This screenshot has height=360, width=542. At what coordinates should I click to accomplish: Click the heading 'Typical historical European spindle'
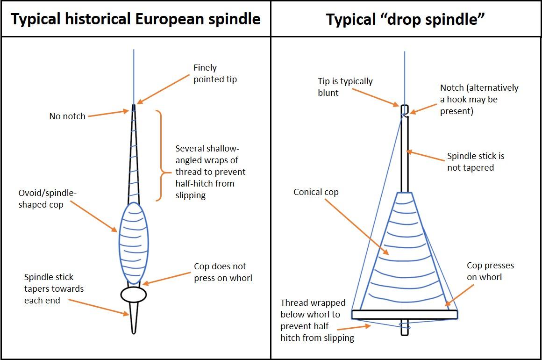click(x=135, y=19)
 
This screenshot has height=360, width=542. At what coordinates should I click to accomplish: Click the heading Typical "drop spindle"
click(x=405, y=19)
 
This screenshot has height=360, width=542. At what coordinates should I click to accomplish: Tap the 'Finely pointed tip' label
click(x=215, y=73)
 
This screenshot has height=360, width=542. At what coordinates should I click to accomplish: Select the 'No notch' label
click(x=67, y=116)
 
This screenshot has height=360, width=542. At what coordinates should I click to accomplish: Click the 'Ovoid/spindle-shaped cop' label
click(x=48, y=199)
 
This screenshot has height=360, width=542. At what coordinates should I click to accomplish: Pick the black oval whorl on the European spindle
click(x=134, y=294)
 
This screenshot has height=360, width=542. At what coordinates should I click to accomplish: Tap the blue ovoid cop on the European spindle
click(x=134, y=243)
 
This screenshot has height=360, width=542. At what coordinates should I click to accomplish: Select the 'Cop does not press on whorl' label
click(x=223, y=272)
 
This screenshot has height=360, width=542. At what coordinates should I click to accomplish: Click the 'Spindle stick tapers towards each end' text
click(x=54, y=289)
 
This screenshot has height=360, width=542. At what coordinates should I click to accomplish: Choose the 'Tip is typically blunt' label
click(x=345, y=86)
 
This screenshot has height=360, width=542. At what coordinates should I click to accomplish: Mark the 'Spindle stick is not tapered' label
click(x=476, y=162)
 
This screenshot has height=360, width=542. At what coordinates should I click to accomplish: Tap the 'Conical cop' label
click(x=316, y=192)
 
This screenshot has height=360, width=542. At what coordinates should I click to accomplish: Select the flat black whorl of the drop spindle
click(x=404, y=314)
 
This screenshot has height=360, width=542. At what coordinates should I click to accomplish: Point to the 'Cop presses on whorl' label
click(x=490, y=271)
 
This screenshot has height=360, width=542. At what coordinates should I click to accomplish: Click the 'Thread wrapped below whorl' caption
click(x=317, y=320)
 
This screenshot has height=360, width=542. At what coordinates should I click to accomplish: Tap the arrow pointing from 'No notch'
click(x=108, y=113)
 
